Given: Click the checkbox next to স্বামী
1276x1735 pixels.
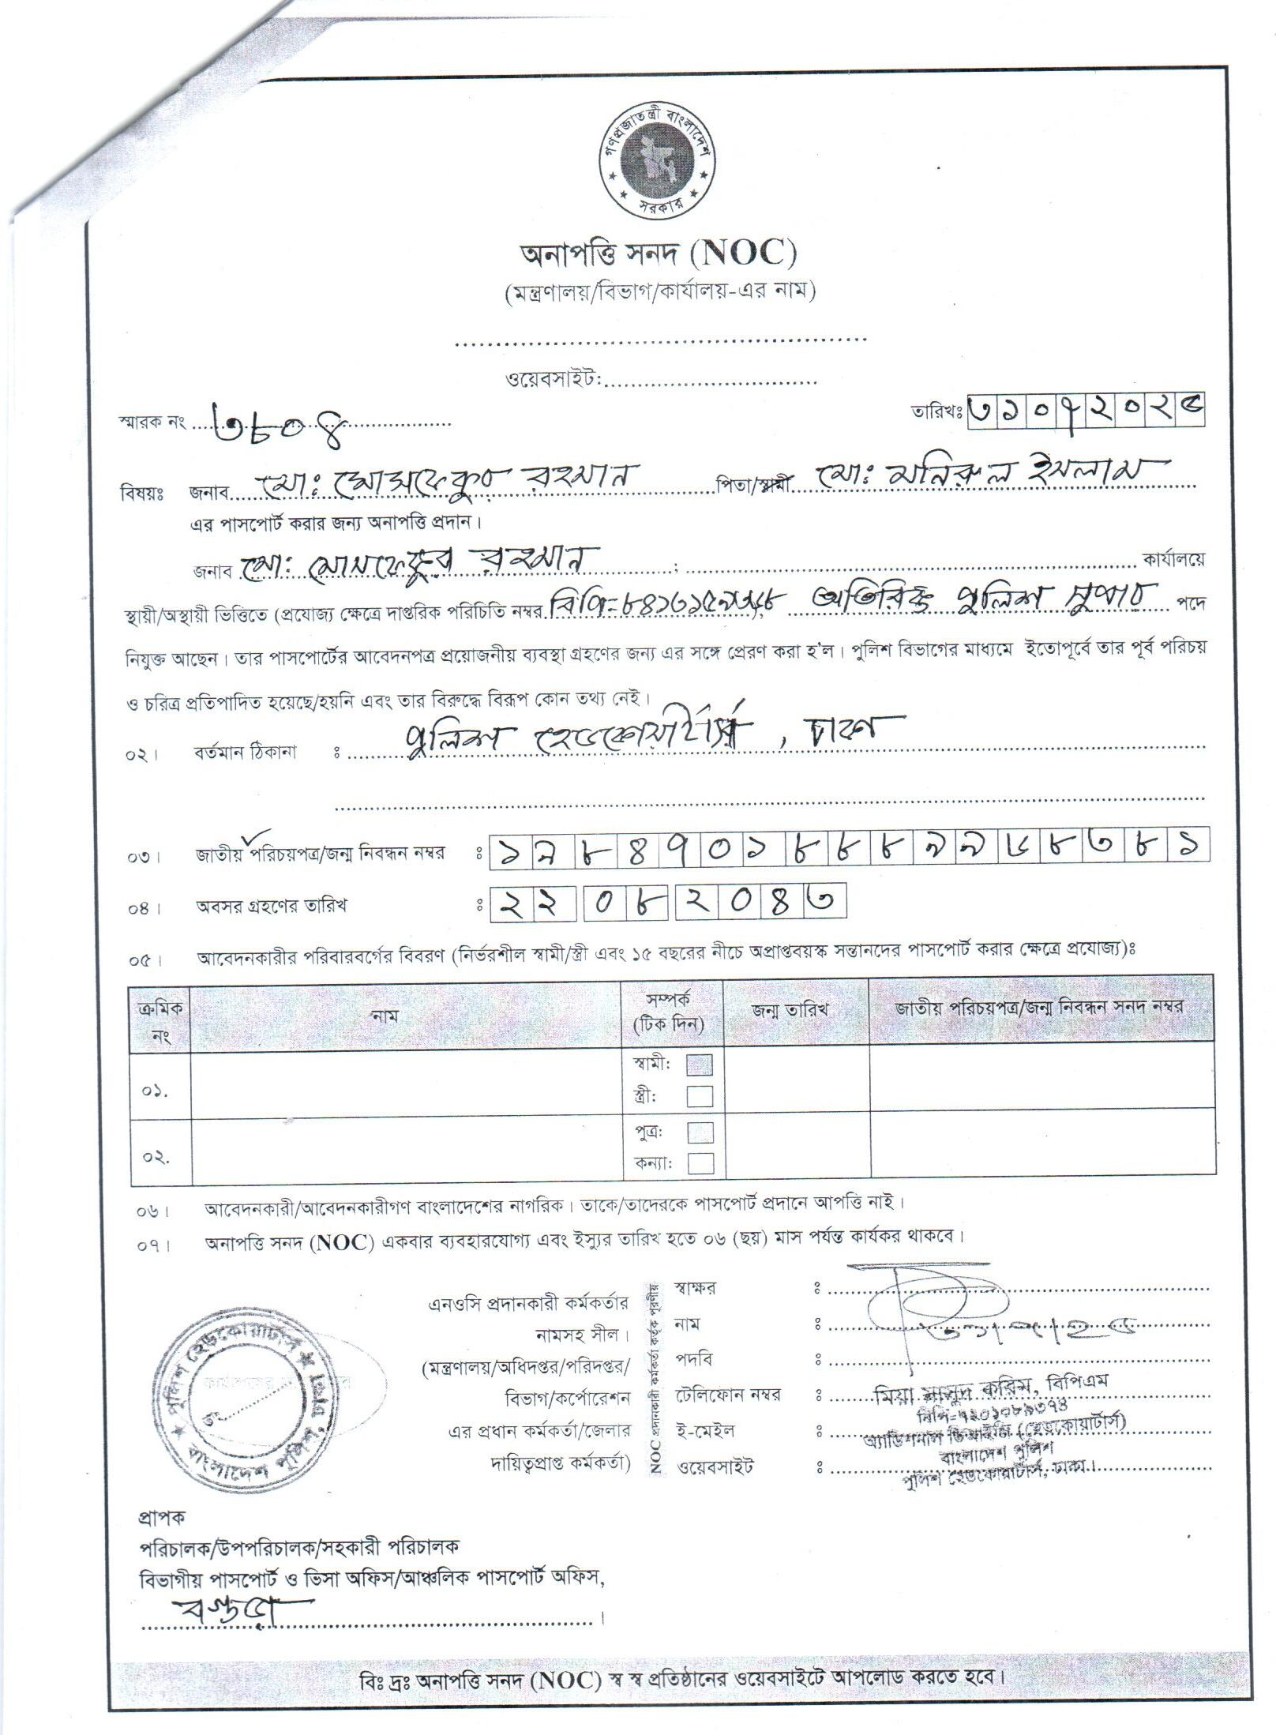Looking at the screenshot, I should pos(700,1065).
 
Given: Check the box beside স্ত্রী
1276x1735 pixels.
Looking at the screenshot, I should pos(700,1096).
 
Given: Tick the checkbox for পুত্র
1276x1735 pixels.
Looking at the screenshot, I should pos(700,1132).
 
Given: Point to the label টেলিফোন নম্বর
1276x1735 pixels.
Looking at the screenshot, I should pos(726,1395).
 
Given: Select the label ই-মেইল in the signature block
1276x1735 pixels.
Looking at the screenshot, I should pos(704,1430).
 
